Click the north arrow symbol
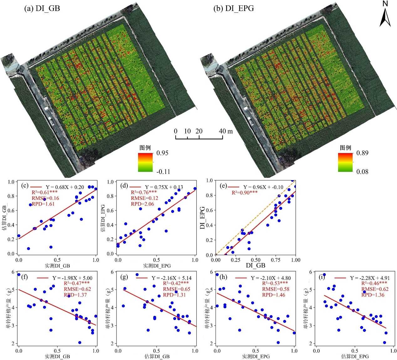[385, 17]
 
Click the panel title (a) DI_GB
[42, 8]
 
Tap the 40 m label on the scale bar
[226, 131]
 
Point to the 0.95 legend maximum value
[162, 153]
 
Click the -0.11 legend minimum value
[163, 171]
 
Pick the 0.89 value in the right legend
[362, 153]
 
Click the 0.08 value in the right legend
[362, 171]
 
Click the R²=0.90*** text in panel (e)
[245, 193]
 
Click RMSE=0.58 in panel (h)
[276, 289]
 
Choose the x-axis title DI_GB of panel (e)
[255, 266]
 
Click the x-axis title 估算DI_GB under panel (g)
[157, 356]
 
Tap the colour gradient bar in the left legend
[145, 162]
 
